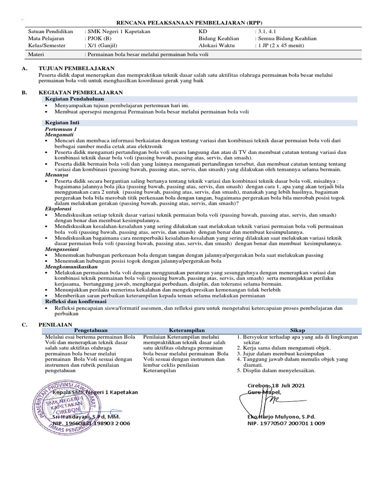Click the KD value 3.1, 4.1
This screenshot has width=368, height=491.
tap(264, 32)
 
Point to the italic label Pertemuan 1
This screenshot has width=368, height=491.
tap(60, 129)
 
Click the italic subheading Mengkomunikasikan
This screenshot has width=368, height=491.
tap(71, 266)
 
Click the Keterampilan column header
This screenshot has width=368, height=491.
tap(188, 330)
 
